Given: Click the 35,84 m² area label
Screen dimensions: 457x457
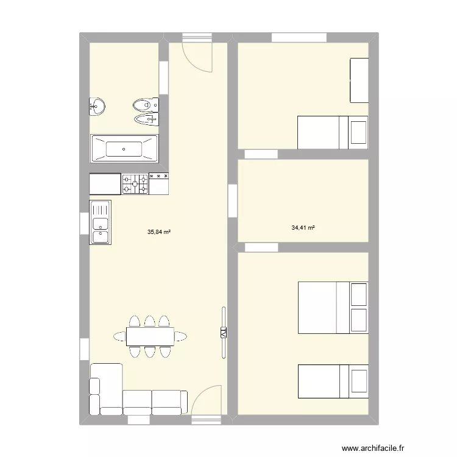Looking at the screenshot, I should (158, 232).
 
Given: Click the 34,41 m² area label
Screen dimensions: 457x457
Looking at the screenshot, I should (303, 228).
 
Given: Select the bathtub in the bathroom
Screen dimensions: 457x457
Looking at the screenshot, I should (124, 148).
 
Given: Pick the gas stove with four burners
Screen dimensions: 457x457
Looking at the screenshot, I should (135, 184).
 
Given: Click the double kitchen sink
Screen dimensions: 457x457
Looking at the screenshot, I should (100, 222).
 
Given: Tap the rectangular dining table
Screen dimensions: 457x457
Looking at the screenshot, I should (149, 336).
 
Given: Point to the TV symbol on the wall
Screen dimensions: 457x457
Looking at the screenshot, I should (223, 333).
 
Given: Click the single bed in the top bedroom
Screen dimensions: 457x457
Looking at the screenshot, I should (332, 132).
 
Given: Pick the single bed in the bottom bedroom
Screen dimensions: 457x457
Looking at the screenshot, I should (332, 381).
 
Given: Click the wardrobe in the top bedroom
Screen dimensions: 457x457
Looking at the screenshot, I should (359, 80).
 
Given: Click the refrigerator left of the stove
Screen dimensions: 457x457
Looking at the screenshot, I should (105, 184).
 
